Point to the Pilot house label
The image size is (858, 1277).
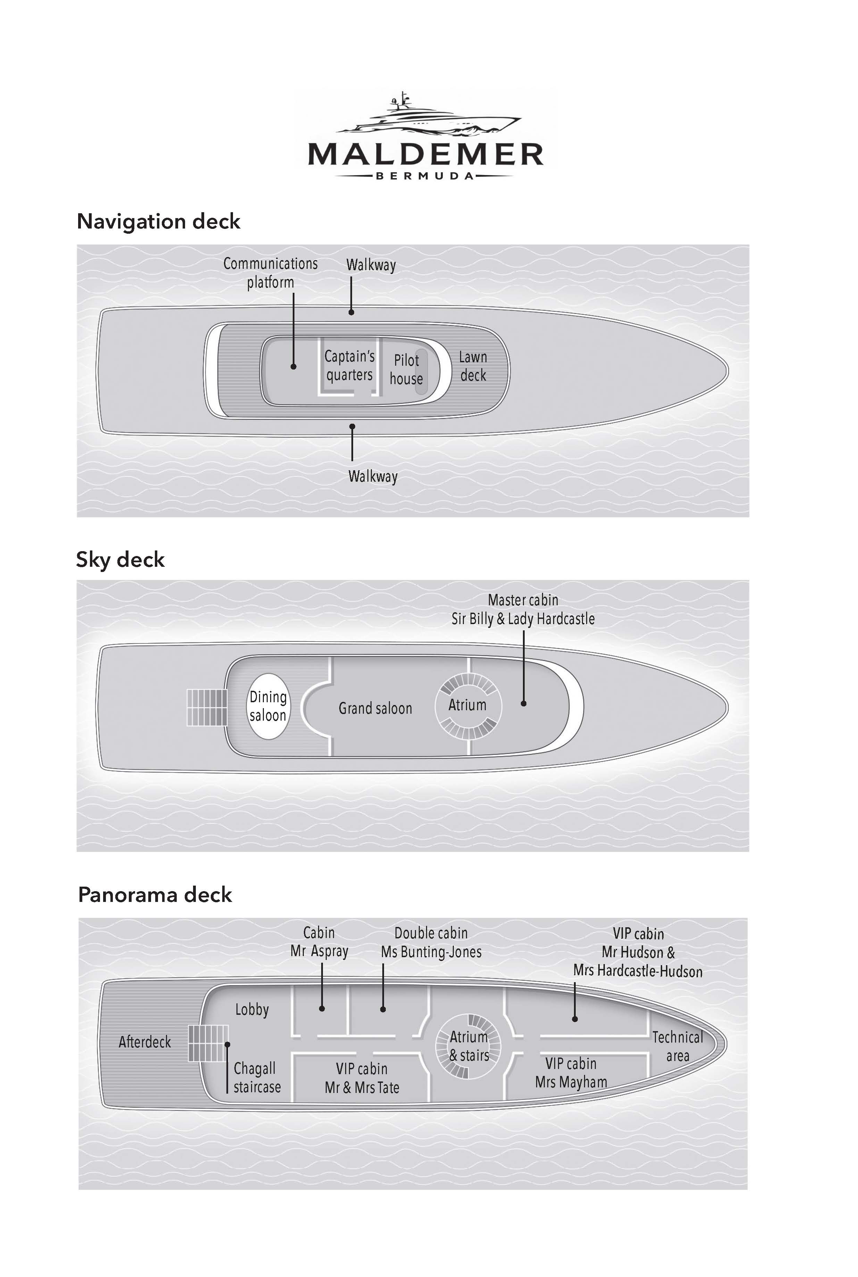(x=406, y=369)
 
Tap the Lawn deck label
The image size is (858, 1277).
(x=473, y=366)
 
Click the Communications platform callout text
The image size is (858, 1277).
(x=270, y=273)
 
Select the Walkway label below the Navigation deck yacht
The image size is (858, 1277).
(x=373, y=476)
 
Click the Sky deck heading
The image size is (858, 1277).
(x=120, y=559)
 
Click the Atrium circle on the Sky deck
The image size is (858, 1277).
(x=467, y=705)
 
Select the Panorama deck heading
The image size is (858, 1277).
(x=155, y=894)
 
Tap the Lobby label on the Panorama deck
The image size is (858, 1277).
(x=252, y=1010)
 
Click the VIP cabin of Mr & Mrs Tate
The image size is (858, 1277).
(x=362, y=1078)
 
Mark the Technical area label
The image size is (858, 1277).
(x=677, y=1046)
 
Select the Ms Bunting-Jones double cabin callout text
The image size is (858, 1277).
(x=431, y=942)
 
